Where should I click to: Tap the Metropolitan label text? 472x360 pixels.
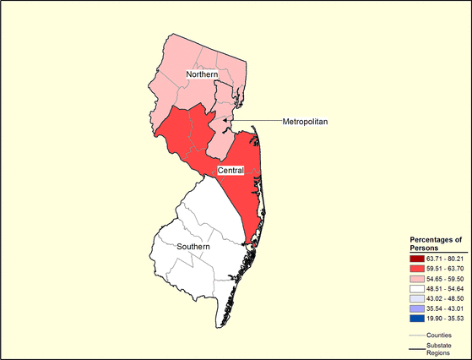tap(305, 123)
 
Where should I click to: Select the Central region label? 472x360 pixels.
tap(231, 171)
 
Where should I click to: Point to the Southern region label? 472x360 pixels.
tap(199, 247)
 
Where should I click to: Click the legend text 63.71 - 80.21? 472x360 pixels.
tap(445, 256)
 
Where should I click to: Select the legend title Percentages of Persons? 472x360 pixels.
tap(436, 243)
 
